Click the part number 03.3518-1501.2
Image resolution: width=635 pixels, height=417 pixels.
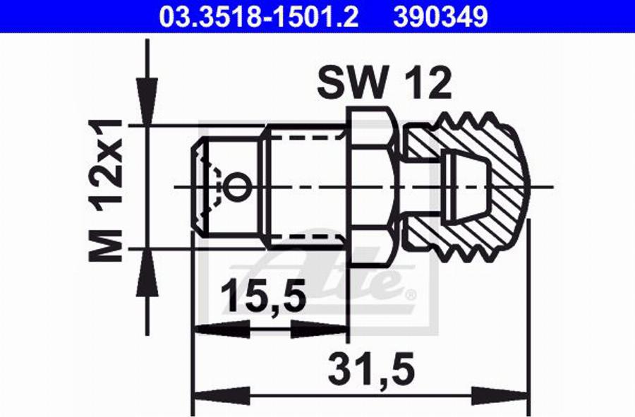pyautogui.click(x=259, y=17)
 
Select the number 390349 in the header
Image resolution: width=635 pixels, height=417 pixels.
pyautogui.click(x=440, y=17)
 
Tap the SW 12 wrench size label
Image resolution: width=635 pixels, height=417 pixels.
pyautogui.click(x=384, y=83)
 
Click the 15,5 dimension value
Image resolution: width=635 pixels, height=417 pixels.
pyautogui.click(x=264, y=296)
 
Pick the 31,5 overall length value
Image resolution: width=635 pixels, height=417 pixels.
pyautogui.click(x=371, y=368)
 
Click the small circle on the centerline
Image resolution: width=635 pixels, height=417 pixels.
pyautogui.click(x=237, y=187)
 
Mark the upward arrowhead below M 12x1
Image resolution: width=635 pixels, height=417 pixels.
pyautogui.click(x=147, y=273)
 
